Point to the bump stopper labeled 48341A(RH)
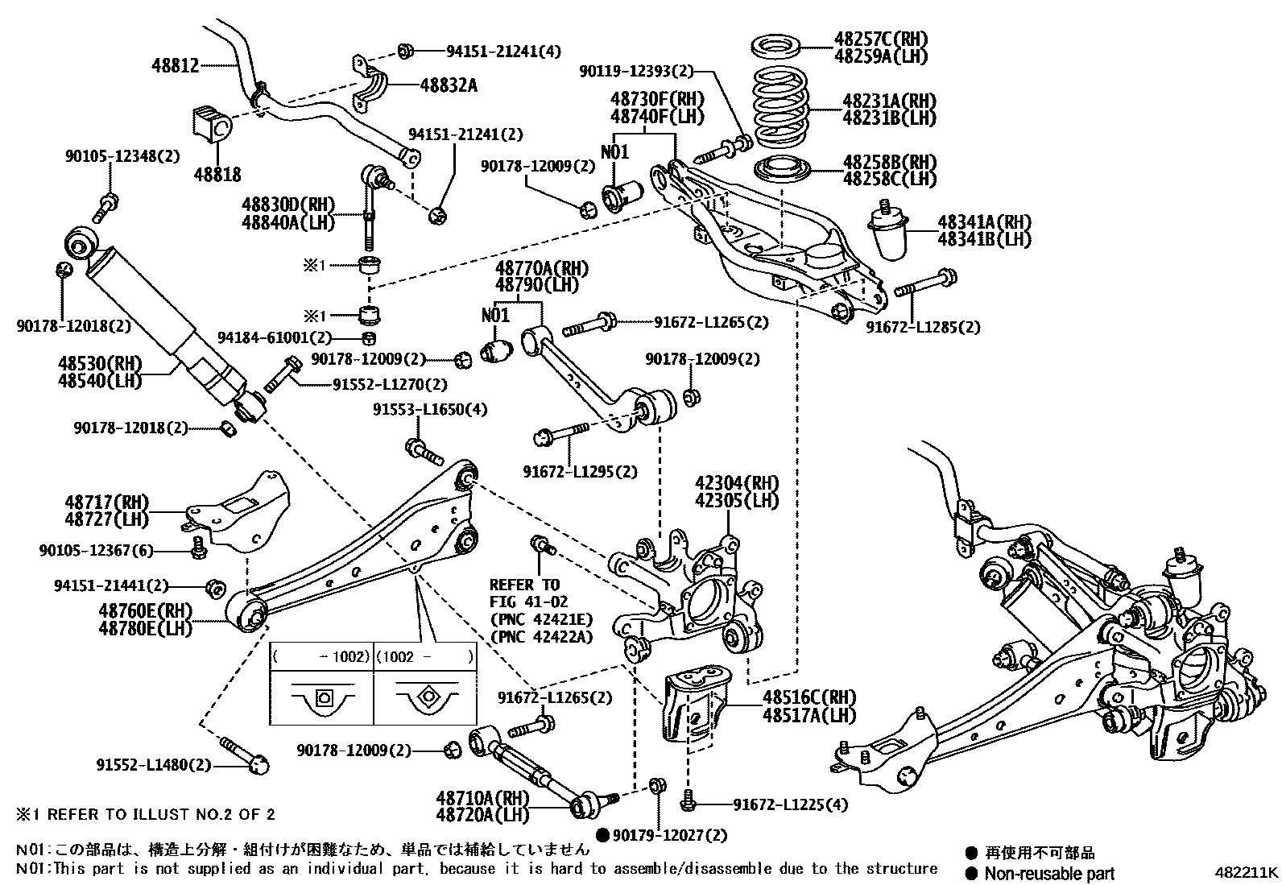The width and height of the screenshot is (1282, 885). point(890,232)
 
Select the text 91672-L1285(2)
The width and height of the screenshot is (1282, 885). point(923,328)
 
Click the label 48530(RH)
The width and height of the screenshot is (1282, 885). point(100,363)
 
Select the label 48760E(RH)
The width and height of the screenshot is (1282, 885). point(146,611)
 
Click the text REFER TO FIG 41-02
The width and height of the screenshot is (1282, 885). point(528,593)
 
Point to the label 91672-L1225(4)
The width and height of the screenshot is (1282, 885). point(790,804)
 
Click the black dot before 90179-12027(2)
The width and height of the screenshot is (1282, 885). point(602,835)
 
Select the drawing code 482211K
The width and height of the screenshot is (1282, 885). point(1246,871)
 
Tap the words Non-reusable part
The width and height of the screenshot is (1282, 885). point(1052,873)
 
